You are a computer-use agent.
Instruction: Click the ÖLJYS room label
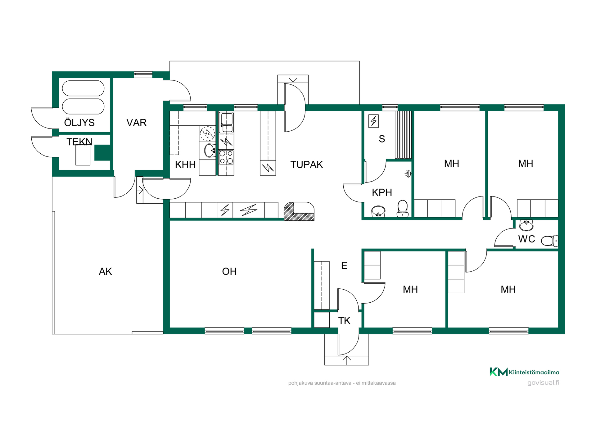click(79, 122)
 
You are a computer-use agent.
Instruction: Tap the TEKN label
click(79, 142)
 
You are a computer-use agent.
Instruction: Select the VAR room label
click(136, 123)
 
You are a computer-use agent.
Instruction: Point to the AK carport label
click(105, 272)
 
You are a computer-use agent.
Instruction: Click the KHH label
click(185, 165)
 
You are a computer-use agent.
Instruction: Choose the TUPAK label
click(307, 165)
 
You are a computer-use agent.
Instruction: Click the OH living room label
click(229, 272)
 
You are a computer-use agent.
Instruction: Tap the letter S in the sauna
click(382, 139)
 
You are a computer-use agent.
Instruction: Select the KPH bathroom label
click(382, 192)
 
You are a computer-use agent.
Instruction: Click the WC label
click(526, 239)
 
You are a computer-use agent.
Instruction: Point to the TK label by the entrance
click(344, 321)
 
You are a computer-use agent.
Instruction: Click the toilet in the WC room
click(549, 241)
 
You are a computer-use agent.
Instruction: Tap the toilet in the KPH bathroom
click(403, 208)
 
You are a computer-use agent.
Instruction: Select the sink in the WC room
click(526, 225)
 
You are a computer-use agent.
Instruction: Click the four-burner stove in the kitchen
click(226, 157)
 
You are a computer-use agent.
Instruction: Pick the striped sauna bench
click(403, 135)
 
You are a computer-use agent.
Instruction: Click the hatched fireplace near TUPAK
click(299, 211)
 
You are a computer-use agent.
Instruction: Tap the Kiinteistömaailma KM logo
click(498, 372)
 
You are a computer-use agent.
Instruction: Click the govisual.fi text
click(543, 383)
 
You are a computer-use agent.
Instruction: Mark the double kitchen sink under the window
click(226, 123)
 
